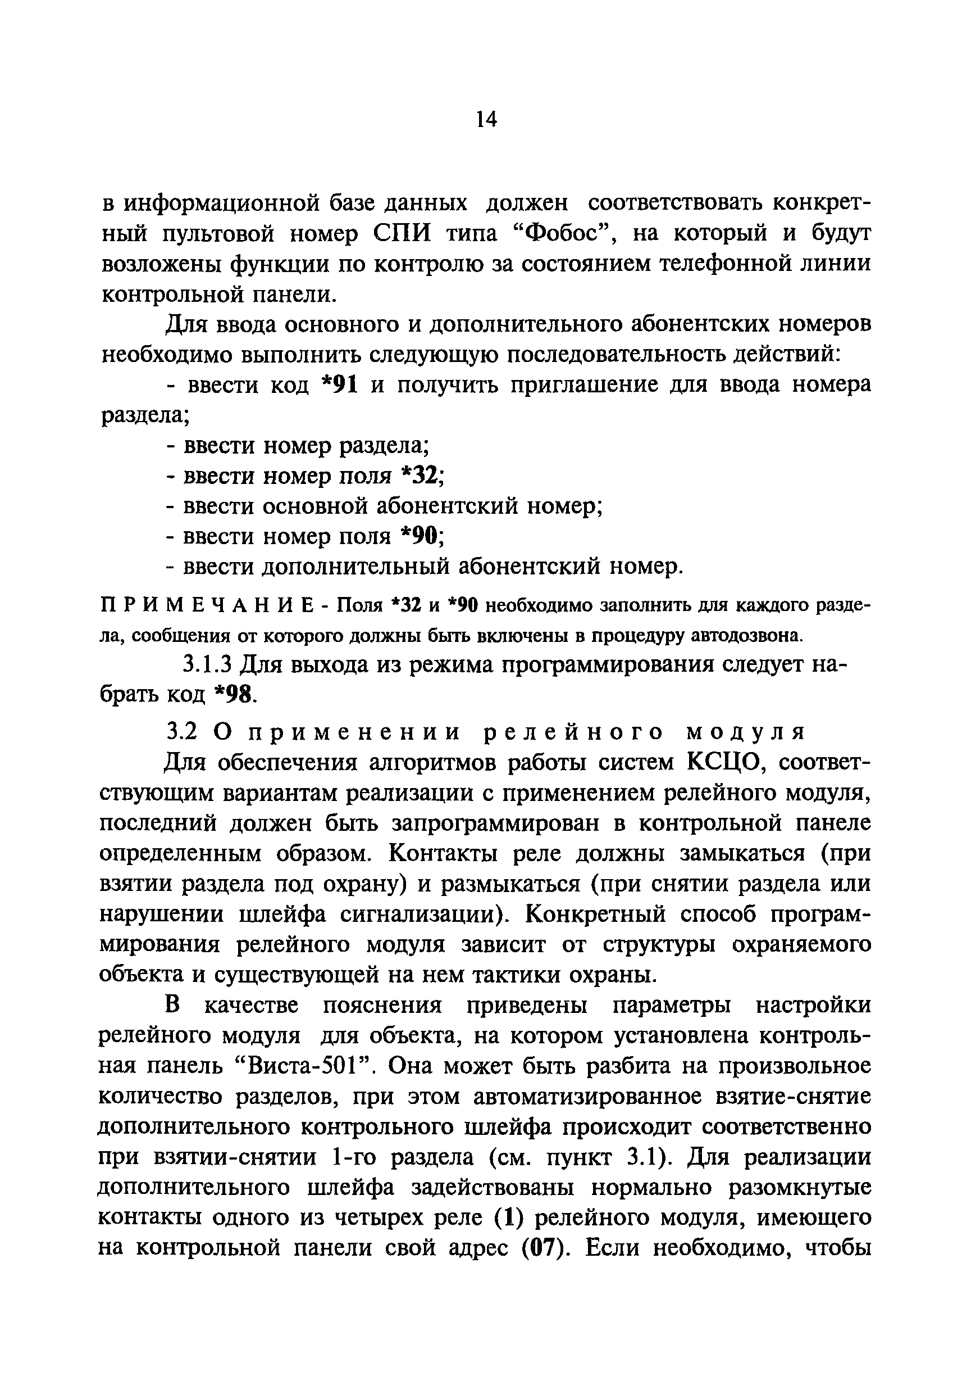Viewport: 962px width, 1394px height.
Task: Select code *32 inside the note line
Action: [x=405, y=605]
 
